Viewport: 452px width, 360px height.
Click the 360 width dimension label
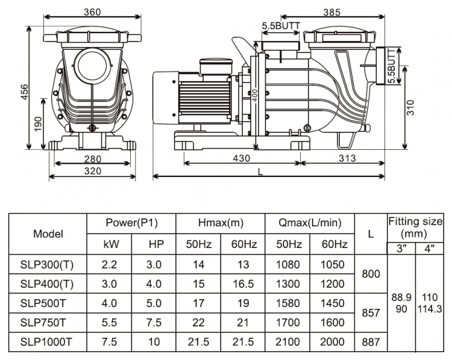pyautogui.click(x=92, y=12)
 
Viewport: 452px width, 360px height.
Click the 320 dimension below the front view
pyautogui.click(x=92, y=171)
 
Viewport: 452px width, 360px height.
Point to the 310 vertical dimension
pyautogui.click(x=409, y=107)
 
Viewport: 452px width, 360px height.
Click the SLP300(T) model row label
pyautogui.click(x=48, y=264)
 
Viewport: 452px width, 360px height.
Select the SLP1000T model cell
pyautogui.click(x=48, y=342)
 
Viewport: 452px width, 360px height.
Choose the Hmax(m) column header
pyautogui.click(x=220, y=223)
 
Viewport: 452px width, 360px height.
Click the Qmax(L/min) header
pyautogui.click(x=310, y=223)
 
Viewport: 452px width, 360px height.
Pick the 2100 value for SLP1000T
pyautogui.click(x=287, y=342)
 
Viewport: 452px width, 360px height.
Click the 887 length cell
pyautogui.click(x=370, y=342)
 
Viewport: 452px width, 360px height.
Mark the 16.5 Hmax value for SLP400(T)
pyautogui.click(x=243, y=284)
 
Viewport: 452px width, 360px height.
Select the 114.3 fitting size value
pyautogui.click(x=429, y=308)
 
